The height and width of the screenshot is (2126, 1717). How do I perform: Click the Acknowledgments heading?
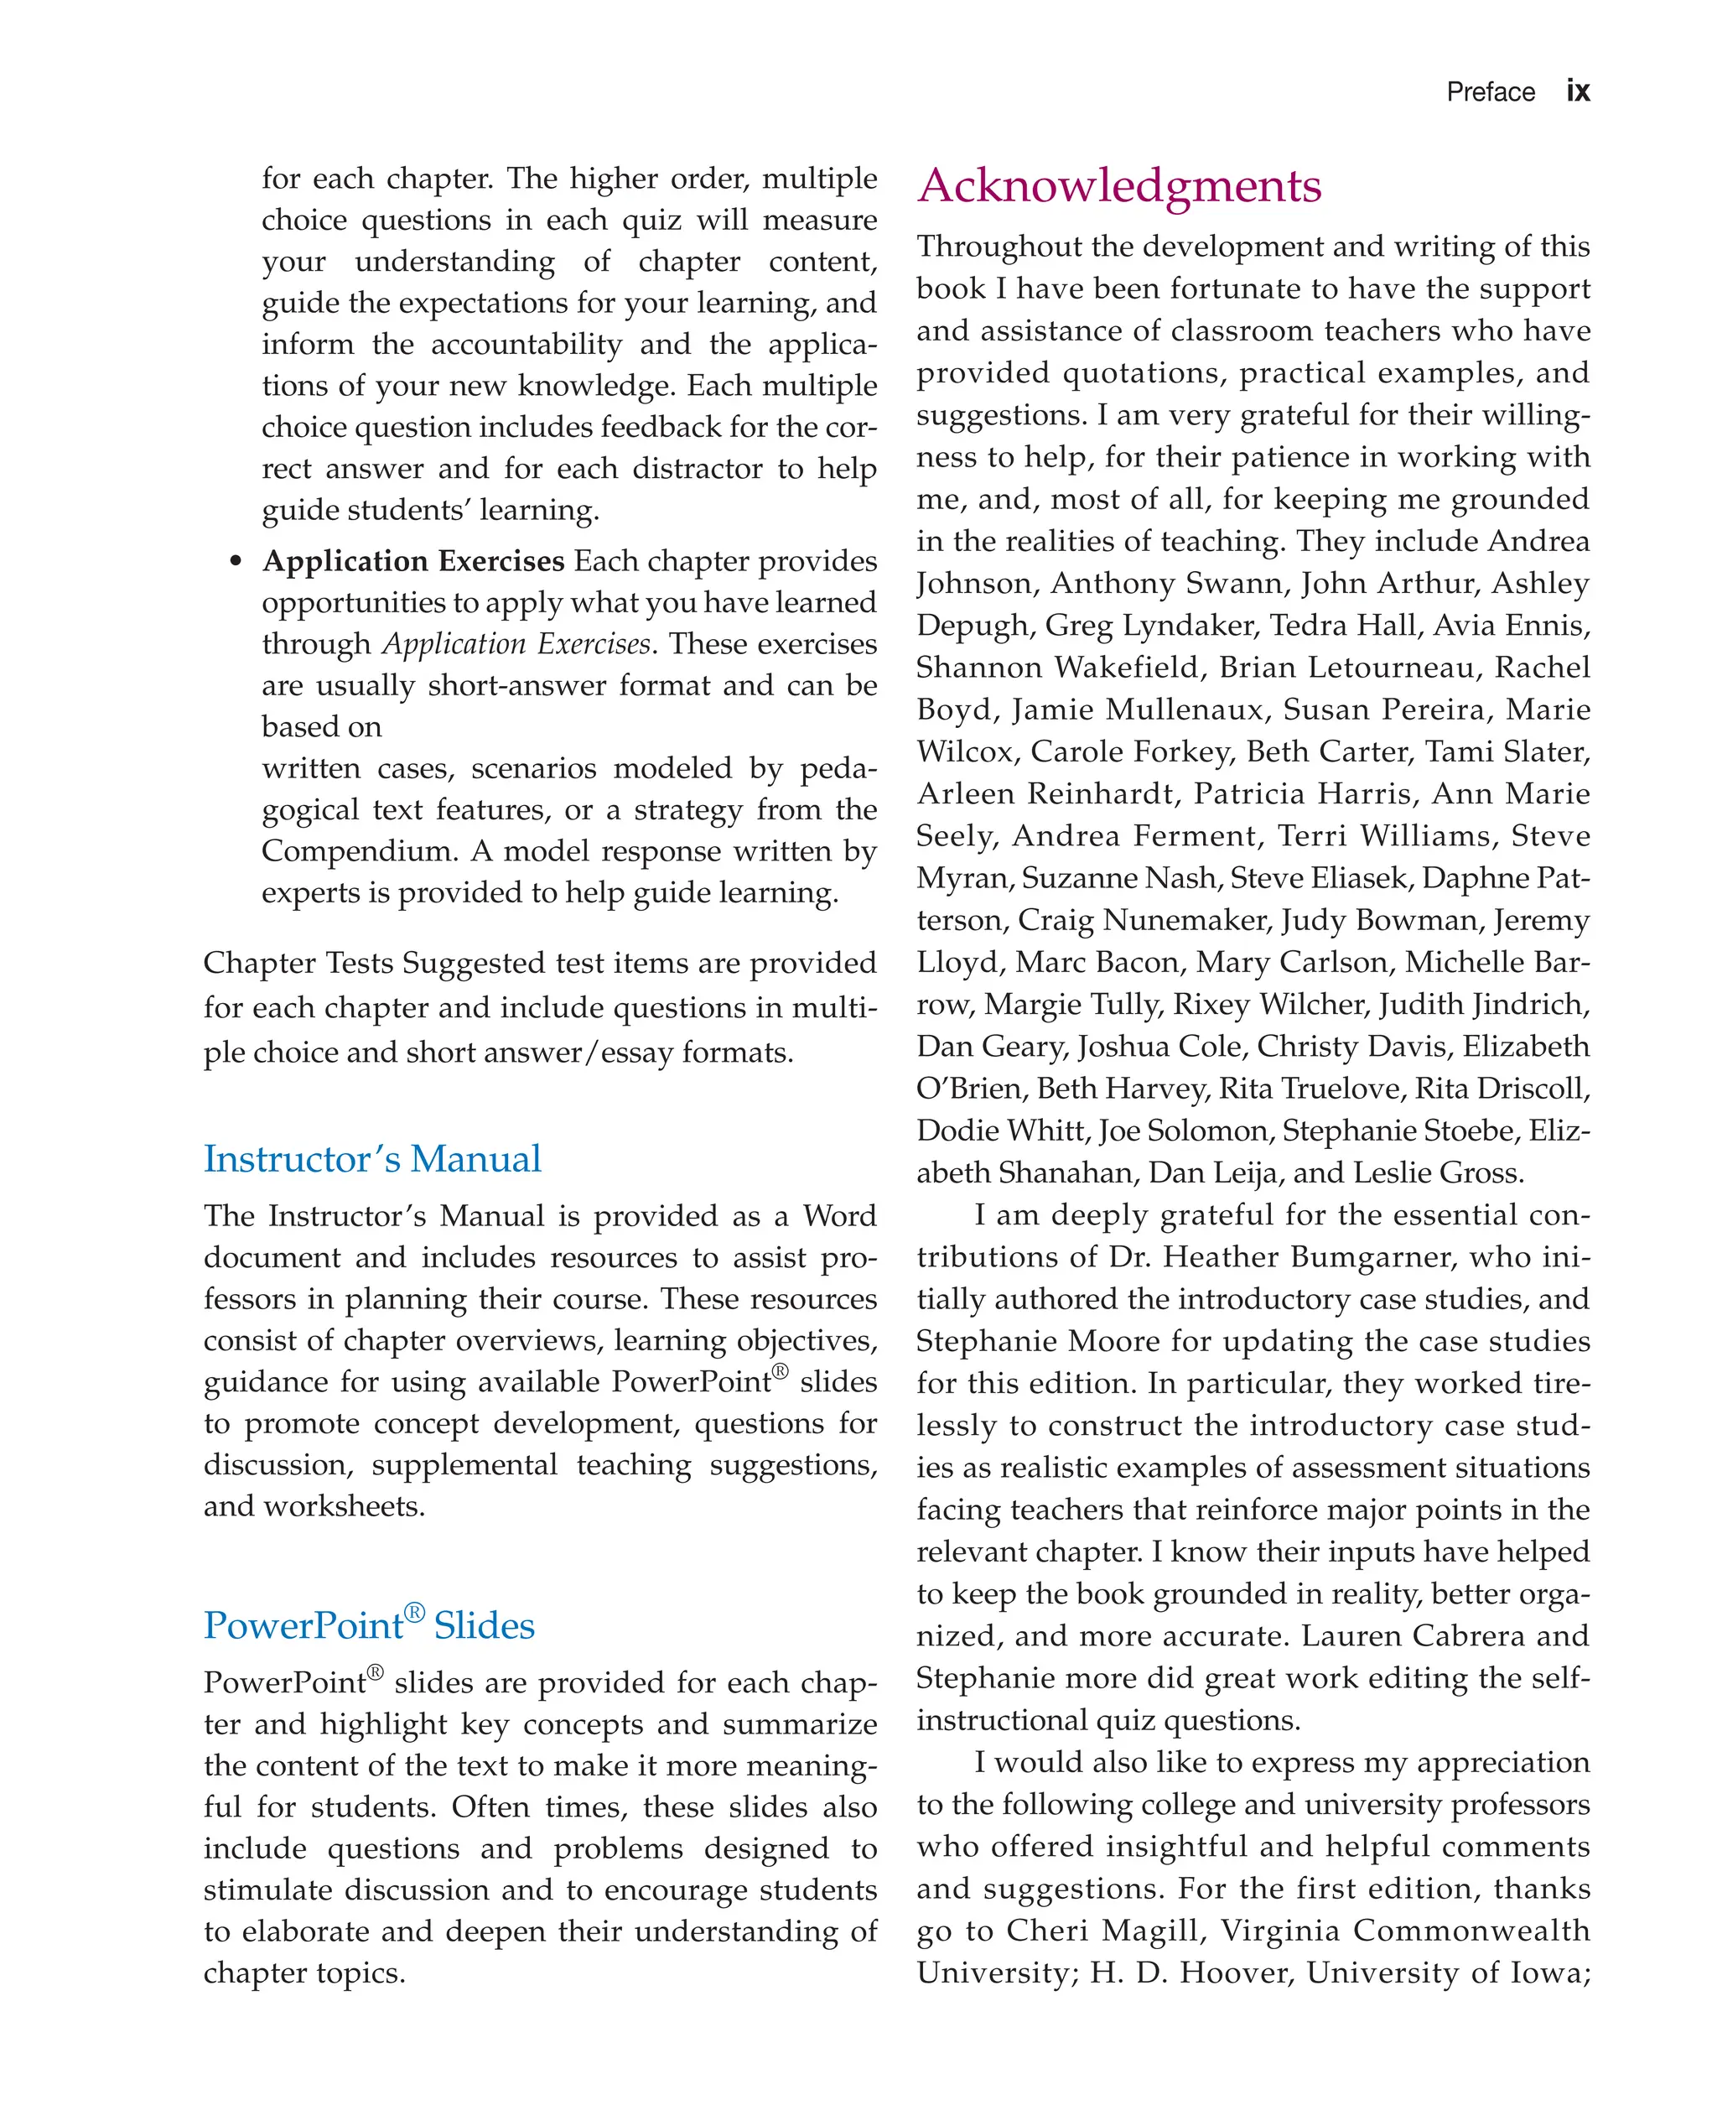(x=1118, y=187)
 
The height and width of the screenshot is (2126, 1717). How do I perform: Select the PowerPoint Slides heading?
(x=369, y=1625)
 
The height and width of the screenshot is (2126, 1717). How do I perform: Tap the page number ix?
(x=1578, y=92)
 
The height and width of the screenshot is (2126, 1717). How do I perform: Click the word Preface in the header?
(x=1490, y=93)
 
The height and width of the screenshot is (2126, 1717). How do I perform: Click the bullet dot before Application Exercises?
(x=236, y=562)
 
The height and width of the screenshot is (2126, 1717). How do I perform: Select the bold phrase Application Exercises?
(x=412, y=561)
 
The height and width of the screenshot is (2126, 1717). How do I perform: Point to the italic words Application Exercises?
(x=516, y=644)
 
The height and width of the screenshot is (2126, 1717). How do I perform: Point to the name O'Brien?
(x=971, y=1089)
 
